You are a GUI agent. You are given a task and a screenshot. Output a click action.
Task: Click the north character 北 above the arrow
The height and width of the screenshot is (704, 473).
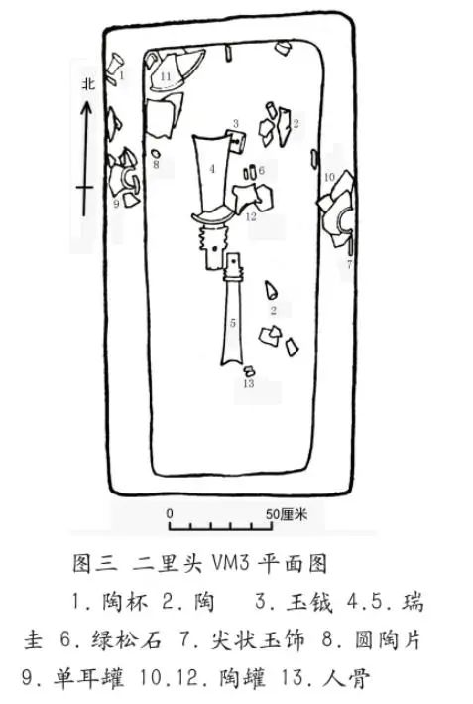pyautogui.click(x=88, y=84)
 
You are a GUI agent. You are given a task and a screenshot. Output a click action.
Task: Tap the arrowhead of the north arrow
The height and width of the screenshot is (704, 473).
pyautogui.click(x=86, y=108)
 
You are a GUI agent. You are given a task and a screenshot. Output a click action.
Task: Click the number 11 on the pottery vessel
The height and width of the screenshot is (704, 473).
pyautogui.click(x=166, y=76)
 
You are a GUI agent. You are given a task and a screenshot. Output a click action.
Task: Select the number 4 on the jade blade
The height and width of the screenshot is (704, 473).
pyautogui.click(x=212, y=169)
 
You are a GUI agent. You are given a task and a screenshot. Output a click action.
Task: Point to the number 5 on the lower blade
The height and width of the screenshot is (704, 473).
pyautogui.click(x=233, y=323)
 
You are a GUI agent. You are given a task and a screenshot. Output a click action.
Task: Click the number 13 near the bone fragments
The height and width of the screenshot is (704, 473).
pyautogui.click(x=248, y=383)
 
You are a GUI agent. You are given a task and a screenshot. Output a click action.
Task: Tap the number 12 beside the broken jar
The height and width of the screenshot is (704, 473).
pyautogui.click(x=251, y=216)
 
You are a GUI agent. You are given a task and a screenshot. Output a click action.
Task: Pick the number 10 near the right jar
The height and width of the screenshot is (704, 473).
pyautogui.click(x=329, y=177)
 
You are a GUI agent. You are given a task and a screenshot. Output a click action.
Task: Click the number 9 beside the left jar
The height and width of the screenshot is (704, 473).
pyautogui.click(x=117, y=204)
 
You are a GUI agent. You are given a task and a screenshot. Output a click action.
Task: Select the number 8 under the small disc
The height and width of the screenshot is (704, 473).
pyautogui.click(x=156, y=164)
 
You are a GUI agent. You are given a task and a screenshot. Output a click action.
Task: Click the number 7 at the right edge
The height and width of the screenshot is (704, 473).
pyautogui.click(x=350, y=264)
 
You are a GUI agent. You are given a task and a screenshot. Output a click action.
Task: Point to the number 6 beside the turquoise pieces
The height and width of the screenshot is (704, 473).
pyautogui.click(x=262, y=170)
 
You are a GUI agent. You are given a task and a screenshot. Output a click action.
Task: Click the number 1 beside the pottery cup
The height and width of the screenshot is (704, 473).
pyautogui.click(x=122, y=74)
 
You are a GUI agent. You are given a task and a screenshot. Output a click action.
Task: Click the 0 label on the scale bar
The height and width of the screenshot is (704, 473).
pyautogui.click(x=170, y=513)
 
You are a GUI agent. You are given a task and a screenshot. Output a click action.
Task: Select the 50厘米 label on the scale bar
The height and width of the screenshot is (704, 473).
pyautogui.click(x=287, y=514)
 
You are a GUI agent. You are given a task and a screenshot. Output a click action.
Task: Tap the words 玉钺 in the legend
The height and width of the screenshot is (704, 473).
pyautogui.click(x=309, y=602)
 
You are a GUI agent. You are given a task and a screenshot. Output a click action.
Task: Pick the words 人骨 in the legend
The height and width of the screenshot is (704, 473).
pyautogui.click(x=347, y=678)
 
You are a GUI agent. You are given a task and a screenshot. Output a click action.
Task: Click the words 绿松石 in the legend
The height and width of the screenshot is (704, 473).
pyautogui.click(x=127, y=639)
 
